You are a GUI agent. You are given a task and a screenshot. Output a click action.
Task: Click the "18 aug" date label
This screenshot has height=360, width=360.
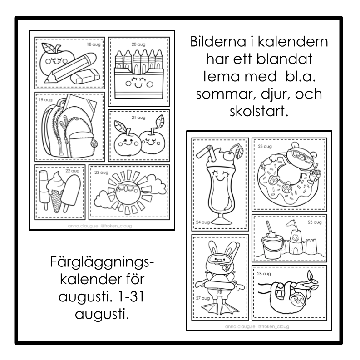94,44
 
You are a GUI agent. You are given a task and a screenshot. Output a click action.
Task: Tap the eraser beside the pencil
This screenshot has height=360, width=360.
85,76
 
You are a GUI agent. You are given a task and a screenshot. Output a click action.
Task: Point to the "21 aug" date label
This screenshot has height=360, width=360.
138,118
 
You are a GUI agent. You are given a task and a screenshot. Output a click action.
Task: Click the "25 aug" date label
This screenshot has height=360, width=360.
265,146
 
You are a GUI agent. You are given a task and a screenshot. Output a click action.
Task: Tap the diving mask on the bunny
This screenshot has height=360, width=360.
218,259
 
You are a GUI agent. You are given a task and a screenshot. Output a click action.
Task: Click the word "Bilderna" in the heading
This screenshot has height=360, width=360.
218,42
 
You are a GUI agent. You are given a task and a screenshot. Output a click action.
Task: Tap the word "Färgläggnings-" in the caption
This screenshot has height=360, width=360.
102,262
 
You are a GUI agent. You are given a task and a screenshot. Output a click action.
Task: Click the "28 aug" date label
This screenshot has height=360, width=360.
264,273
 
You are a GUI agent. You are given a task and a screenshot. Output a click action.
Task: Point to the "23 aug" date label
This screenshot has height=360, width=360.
101,173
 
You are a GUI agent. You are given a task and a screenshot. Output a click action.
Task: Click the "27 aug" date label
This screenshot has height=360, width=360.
203,298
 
